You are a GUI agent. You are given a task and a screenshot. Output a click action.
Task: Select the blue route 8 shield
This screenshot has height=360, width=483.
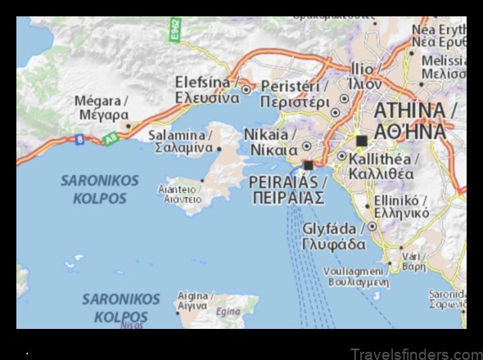(79, 140)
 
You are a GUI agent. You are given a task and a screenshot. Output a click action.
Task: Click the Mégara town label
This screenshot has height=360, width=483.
(102, 106)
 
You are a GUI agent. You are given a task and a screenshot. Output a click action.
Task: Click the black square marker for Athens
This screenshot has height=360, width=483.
(361, 140)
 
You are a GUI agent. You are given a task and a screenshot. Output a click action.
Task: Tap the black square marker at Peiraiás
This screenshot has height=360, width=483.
(308, 165)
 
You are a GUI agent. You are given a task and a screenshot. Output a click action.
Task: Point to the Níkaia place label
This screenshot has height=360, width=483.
(271, 142)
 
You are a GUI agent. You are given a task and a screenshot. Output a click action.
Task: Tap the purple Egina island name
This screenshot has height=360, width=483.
(228, 312)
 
